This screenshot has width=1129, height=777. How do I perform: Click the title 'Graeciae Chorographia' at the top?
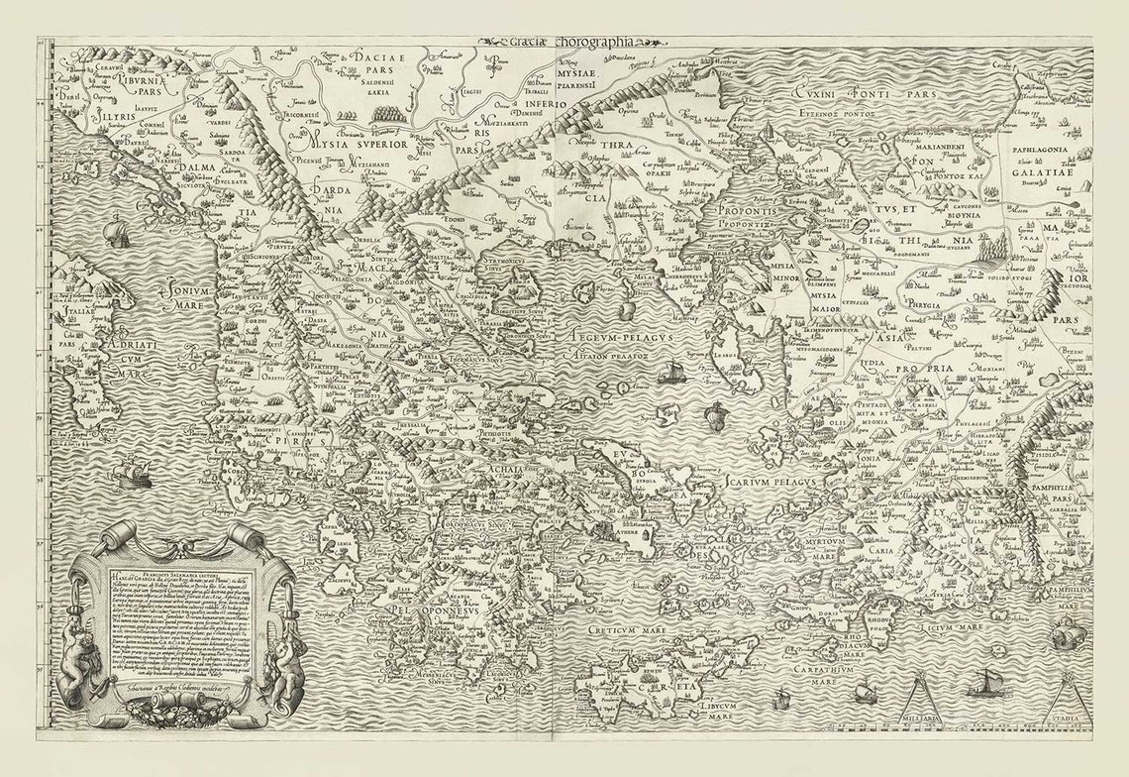(x=572, y=43)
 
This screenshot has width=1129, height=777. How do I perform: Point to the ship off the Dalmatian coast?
(x=117, y=233)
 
